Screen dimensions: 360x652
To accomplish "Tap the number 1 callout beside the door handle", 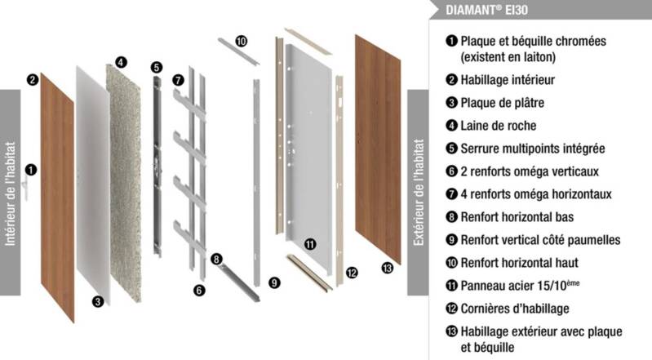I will pyautogui.click(x=30, y=170).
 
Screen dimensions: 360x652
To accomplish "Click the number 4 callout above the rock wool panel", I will pyautogui.click(x=121, y=61).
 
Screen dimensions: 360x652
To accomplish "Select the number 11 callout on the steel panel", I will pyautogui.click(x=310, y=243).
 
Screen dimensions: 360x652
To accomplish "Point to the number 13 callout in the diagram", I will pyautogui.click(x=387, y=269).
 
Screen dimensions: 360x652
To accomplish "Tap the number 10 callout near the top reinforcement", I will pyautogui.click(x=241, y=41).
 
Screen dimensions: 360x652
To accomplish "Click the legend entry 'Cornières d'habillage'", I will pyautogui.click(x=514, y=309).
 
